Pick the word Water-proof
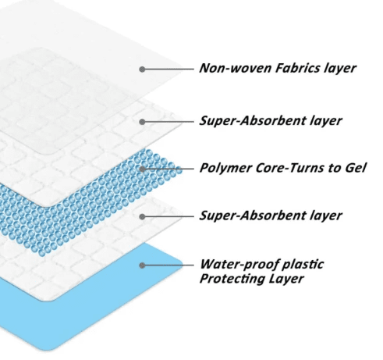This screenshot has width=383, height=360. [239, 265]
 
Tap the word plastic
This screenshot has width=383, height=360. [303, 265]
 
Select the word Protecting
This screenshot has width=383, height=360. [232, 279]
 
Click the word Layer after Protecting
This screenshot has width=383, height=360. [286, 279]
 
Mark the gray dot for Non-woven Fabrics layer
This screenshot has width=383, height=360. [142, 70]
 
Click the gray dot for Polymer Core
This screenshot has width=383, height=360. [142, 169]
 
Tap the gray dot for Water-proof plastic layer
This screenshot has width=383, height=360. [142, 266]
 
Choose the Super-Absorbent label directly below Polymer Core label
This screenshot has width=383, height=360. [271, 216]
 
